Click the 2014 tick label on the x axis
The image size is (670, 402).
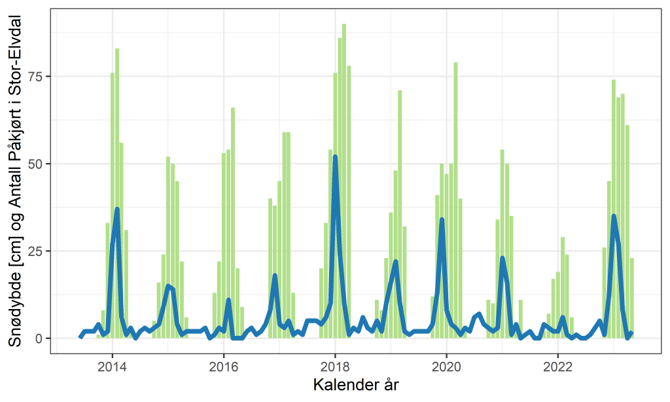pyautogui.click(x=112, y=365)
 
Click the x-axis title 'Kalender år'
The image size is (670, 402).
pyautogui.click(x=356, y=384)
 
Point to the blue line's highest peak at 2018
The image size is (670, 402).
pyautogui.click(x=335, y=157)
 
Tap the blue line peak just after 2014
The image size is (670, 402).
pyautogui.click(x=117, y=210)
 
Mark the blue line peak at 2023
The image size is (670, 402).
pyautogui.click(x=614, y=216)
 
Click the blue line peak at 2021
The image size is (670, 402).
pyautogui.click(x=502, y=258)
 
